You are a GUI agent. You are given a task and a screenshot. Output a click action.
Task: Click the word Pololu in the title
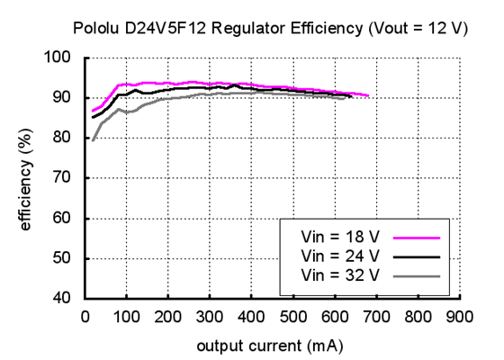[x=94, y=29]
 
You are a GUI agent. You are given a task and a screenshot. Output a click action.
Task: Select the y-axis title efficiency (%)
[x=26, y=178]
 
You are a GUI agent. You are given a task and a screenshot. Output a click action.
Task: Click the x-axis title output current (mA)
[x=270, y=344]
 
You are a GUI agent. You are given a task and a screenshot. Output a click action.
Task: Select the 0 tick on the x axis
[x=85, y=317]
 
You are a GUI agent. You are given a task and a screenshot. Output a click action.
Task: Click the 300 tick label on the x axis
[x=209, y=317]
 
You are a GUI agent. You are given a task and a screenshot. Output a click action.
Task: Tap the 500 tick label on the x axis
[x=292, y=317]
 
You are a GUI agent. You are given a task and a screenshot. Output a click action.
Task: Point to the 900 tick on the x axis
[x=459, y=317]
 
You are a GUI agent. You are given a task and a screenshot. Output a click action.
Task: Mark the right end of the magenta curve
[x=368, y=95]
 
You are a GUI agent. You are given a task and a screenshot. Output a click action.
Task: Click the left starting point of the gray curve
[x=93, y=139]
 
